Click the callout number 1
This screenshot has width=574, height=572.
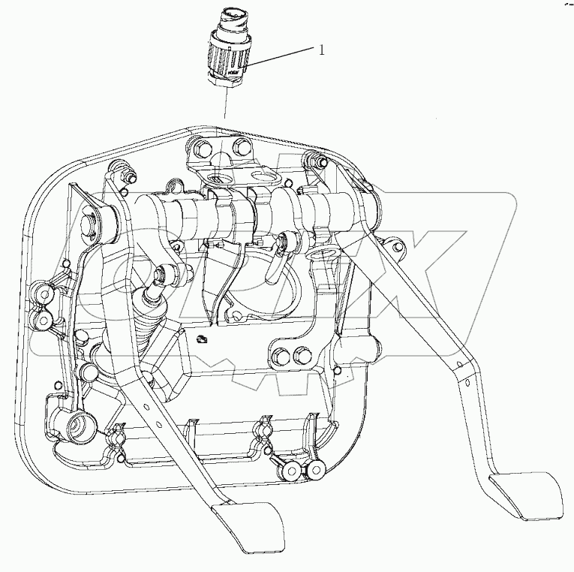[x=321, y=50]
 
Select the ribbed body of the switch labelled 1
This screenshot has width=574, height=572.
[x=229, y=56]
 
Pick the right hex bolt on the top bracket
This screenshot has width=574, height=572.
[x=242, y=146]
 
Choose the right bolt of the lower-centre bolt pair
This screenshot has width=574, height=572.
[x=302, y=353]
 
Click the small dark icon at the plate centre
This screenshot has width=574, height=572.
[x=202, y=339]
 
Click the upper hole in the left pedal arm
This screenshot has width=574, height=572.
[x=146, y=406]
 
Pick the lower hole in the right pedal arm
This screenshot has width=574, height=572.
[x=467, y=383]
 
